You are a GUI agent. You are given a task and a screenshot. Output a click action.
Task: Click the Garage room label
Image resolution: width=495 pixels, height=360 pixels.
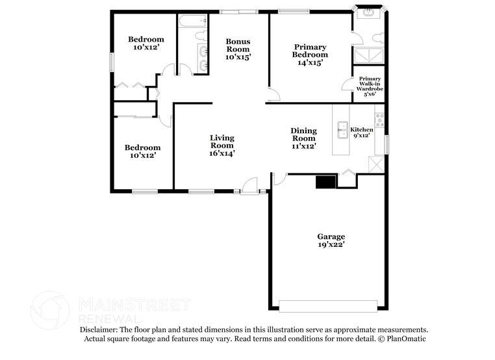331,240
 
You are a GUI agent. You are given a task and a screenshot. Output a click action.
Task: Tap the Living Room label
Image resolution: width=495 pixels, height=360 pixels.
222,146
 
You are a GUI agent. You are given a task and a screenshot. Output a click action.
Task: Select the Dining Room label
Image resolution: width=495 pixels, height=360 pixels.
303,138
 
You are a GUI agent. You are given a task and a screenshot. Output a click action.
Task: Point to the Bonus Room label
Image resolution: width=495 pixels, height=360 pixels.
238,49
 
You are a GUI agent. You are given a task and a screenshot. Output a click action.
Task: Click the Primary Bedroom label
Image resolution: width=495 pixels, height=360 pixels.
310,55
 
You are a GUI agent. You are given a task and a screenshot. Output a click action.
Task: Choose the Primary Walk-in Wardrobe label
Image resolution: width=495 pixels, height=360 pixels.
370,86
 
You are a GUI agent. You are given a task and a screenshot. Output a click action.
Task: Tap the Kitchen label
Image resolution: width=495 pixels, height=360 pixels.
362,133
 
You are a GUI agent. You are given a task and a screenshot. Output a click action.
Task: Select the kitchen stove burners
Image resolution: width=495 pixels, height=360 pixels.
379,120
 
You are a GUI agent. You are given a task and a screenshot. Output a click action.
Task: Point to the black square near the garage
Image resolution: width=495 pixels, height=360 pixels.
324,181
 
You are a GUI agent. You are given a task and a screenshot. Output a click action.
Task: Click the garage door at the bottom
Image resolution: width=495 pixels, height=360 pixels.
327,305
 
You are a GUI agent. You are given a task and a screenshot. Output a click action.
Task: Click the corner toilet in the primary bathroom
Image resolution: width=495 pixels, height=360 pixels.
368,12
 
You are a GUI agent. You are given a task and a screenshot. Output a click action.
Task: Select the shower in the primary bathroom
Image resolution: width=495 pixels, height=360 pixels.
368,55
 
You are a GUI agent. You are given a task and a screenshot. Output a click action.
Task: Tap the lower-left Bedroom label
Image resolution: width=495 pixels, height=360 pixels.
142,151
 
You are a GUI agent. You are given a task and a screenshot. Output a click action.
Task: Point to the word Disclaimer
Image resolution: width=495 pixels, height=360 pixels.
98,330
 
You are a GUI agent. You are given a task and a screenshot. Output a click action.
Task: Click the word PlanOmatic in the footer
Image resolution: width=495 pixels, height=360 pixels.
406,339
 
